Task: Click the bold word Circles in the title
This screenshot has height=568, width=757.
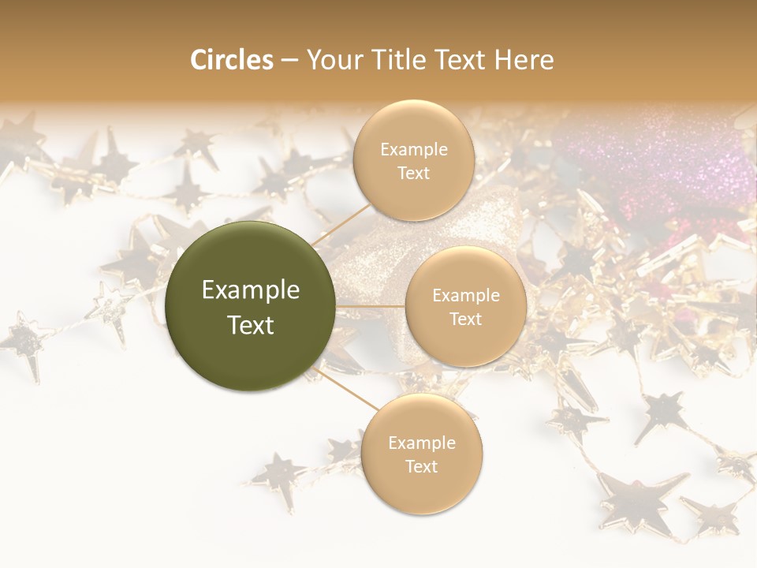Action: coord(232,60)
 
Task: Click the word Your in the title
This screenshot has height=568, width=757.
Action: coord(330,60)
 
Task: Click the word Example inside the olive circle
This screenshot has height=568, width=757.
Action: coord(251,290)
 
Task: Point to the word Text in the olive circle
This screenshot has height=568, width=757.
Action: coord(251,325)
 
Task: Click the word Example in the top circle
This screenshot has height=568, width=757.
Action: coord(414,150)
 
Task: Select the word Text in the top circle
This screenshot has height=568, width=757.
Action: coord(414,173)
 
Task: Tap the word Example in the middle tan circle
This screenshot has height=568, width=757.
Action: coord(466,296)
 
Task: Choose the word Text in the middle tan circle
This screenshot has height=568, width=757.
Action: coord(466,319)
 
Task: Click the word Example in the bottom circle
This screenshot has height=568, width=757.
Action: coord(421,443)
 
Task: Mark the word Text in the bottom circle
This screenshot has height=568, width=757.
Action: coord(421,466)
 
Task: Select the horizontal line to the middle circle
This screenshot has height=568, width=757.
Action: coord(371,306)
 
